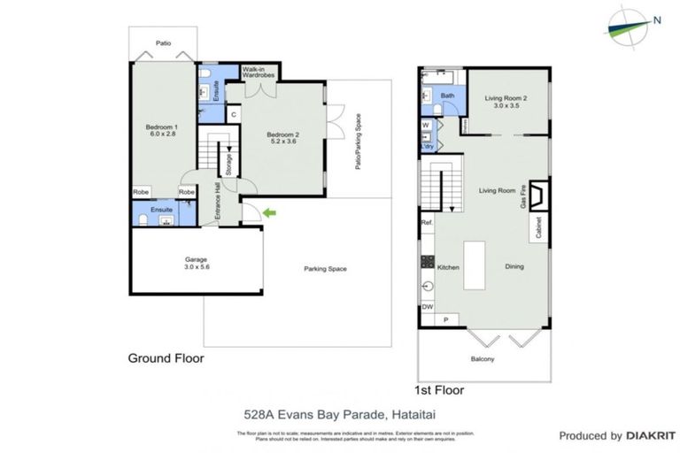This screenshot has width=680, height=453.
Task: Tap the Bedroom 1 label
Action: click(162, 130)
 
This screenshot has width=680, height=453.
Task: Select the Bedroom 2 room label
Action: click(284, 138)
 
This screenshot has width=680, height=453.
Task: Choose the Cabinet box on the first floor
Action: click(539, 229)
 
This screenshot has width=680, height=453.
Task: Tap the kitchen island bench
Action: click(476, 265)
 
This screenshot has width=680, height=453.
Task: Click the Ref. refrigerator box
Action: click(427, 223)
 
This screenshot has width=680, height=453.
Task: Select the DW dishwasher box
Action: click(427, 307)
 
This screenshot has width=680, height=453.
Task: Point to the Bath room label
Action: click(448, 96)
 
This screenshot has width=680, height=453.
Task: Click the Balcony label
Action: click(483, 358)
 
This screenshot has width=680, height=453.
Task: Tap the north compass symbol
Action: click(631, 23)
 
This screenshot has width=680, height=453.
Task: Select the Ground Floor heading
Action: click(166, 358)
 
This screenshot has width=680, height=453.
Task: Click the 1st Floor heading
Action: click(439, 389)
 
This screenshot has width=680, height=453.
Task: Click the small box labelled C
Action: click(233, 114)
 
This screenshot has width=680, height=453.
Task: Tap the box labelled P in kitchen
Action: click(445, 319)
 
